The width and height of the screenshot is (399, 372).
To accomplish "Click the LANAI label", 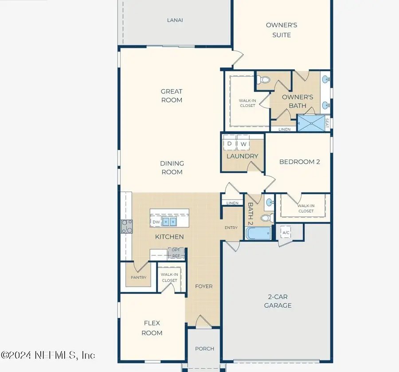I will point(175,20).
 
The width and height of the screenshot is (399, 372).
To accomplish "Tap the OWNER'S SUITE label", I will point(282,30).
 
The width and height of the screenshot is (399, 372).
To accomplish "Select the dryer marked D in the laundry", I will point(229,144).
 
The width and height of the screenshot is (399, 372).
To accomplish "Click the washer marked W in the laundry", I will point(243,144).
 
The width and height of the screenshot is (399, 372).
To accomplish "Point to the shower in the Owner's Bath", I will point(311,123).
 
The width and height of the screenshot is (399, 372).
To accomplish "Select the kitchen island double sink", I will point(168,221).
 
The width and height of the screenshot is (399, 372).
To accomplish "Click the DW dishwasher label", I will point(156,222).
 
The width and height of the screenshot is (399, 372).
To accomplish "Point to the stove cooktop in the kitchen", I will point(126,227).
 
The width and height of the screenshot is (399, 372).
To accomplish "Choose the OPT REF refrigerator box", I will point(176,253).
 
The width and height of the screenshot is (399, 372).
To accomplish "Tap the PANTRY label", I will point(138,278).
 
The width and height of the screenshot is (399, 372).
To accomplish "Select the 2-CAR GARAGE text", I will point(278,301).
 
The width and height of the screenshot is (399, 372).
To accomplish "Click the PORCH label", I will point(204,349).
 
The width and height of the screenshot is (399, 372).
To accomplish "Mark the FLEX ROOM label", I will point(152,328).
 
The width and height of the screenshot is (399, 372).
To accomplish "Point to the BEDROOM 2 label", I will point(299,162).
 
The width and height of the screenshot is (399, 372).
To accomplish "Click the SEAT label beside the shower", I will point(328,123).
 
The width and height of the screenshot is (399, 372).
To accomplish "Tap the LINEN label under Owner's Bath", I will point(284,129).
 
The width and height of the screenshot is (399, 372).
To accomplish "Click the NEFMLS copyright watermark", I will point(47,355).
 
